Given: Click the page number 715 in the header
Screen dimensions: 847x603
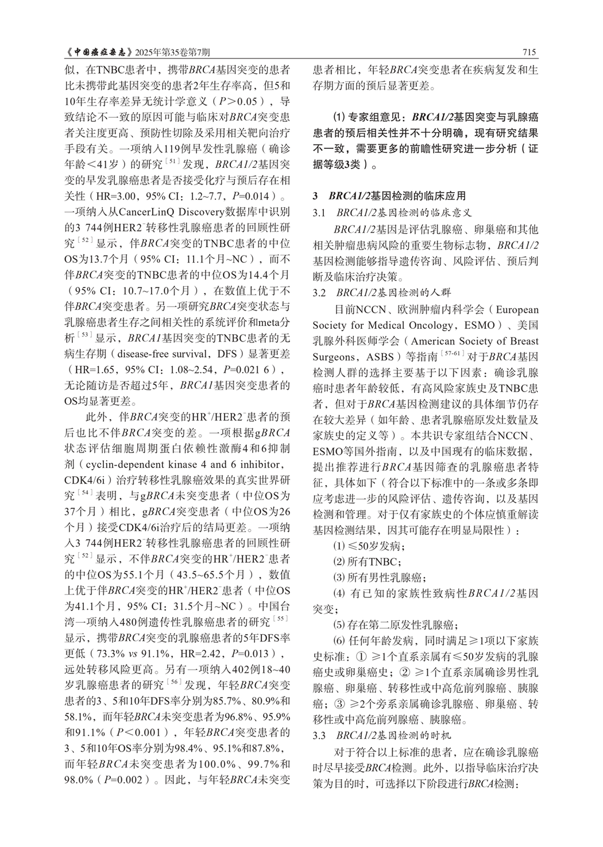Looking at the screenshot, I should (x=529, y=53).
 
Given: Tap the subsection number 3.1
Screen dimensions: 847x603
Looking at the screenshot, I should (x=319, y=213).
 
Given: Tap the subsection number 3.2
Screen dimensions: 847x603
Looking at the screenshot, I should (x=319, y=293).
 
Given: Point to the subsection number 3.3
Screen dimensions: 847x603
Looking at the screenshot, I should (x=319, y=735).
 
